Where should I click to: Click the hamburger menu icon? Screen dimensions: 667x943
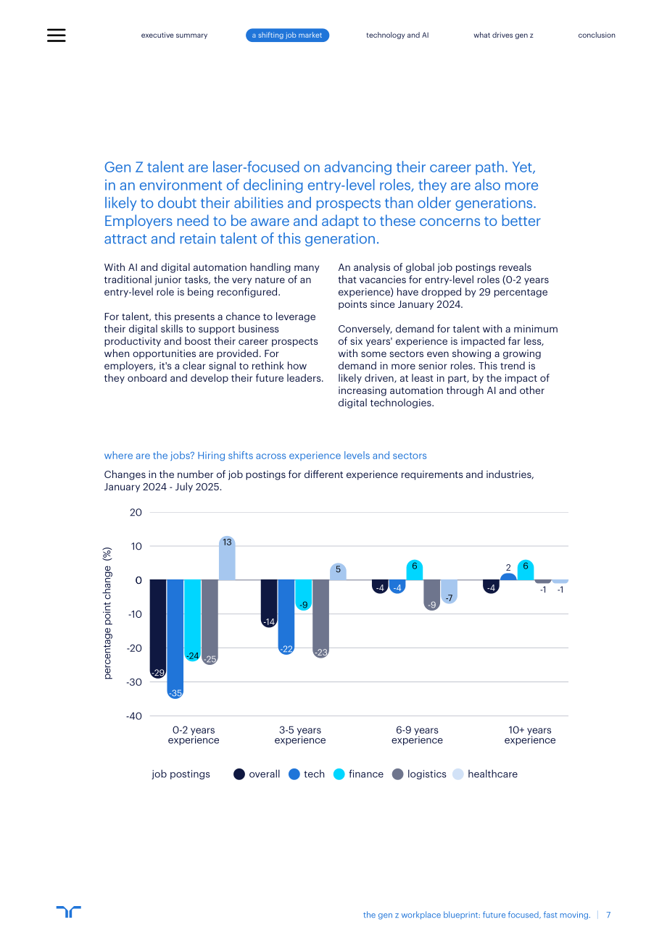[x=56, y=35]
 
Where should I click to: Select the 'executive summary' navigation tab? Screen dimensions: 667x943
[x=174, y=35]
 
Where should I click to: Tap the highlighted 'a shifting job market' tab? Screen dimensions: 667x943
[x=287, y=35]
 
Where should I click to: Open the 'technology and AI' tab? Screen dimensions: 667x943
[x=397, y=35]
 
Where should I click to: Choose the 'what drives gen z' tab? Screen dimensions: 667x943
[x=503, y=35]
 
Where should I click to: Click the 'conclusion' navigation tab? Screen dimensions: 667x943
[x=596, y=35]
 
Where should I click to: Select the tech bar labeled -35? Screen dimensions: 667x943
[x=175, y=639]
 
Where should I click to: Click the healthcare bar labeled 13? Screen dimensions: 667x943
[x=227, y=558]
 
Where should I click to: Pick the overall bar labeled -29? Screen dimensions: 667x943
[x=158, y=629]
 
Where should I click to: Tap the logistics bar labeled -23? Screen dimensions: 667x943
[x=320, y=619]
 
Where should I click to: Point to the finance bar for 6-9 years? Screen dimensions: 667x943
[x=415, y=570]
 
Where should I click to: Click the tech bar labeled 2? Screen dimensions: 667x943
[x=508, y=577]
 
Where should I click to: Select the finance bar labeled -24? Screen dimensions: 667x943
[x=193, y=621]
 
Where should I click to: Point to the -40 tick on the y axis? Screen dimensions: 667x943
[x=134, y=716]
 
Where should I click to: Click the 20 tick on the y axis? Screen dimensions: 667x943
[x=136, y=512]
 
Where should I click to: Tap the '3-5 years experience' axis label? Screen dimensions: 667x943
[x=300, y=735]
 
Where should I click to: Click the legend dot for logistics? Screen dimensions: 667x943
[x=398, y=774]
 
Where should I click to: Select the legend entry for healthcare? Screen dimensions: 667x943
[x=485, y=774]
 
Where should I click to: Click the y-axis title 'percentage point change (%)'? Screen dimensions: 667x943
[x=107, y=613]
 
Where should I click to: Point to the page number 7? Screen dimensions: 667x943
[x=608, y=915]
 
